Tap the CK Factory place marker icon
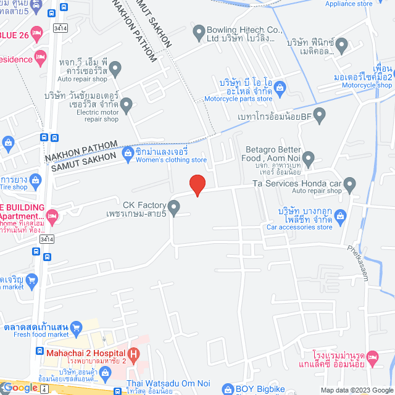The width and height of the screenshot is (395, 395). [x=174, y=208]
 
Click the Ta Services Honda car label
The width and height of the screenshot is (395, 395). [x=296, y=183]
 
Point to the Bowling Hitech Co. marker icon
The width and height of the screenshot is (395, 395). [x=199, y=30]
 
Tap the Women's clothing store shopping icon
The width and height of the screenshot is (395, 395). [x=128, y=152]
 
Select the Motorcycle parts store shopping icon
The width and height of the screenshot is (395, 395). [x=280, y=87]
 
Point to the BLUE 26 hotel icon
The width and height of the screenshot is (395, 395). [x=36, y=31]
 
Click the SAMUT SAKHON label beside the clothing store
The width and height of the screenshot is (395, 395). [x=83, y=162]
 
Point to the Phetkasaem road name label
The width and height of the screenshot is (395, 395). [x=357, y=265]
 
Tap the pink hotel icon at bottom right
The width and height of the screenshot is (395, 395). [x=372, y=357]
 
